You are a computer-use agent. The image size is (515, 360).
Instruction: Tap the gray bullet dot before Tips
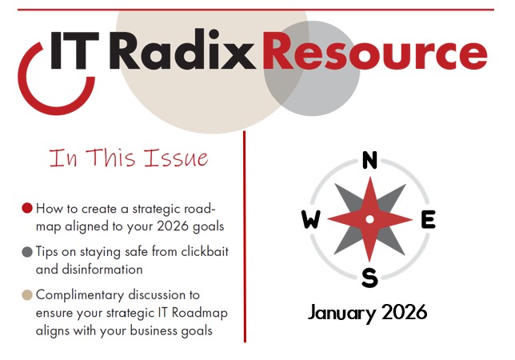click(x=27, y=252)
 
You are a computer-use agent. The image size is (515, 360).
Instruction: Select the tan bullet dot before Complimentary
click(x=27, y=295)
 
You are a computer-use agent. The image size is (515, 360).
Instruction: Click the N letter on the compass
click(x=369, y=161)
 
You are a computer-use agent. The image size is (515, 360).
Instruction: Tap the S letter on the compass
click(x=369, y=278)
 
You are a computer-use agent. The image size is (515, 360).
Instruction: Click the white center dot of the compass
click(x=369, y=219)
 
